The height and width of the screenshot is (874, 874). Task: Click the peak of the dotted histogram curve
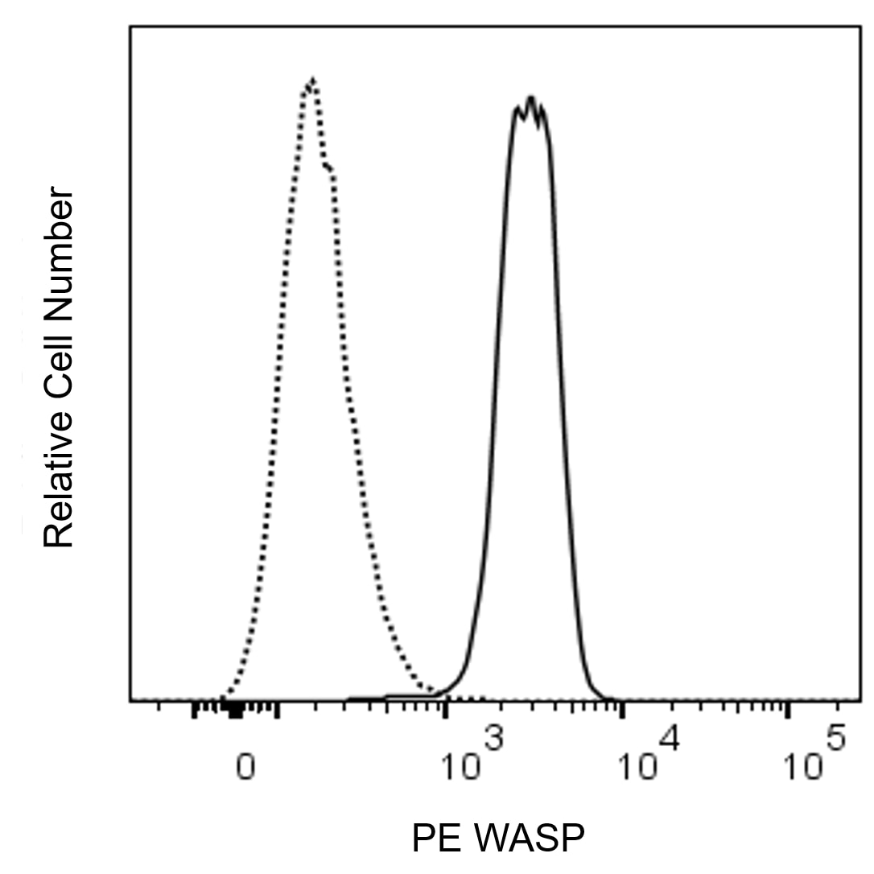(313, 80)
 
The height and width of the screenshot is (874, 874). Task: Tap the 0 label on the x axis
(245, 767)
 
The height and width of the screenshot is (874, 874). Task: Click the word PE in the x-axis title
(432, 837)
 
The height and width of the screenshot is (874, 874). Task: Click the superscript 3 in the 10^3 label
(493, 739)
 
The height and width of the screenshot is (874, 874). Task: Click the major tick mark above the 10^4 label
(622, 710)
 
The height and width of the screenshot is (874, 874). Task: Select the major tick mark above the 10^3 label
(444, 710)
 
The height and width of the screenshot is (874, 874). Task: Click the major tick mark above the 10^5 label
(786, 710)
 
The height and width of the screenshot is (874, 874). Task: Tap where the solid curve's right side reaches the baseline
(607, 697)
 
